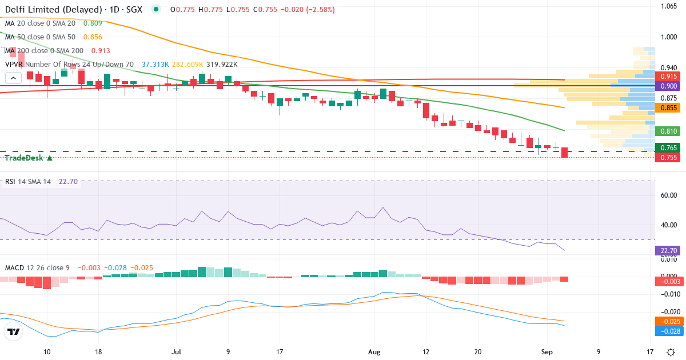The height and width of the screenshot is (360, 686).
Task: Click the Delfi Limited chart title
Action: pos(74,10)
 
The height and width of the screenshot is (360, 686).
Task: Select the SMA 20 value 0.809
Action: pos(93,23)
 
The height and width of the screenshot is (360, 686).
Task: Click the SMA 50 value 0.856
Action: pos(93,37)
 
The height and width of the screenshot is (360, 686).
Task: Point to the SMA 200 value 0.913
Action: pos(101,51)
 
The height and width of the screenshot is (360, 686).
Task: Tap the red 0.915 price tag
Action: pos(668,77)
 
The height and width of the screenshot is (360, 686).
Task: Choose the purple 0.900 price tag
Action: pos(668,86)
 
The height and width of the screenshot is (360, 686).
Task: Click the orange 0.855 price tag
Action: pos(668,108)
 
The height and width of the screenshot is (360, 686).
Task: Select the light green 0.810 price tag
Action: pos(668,131)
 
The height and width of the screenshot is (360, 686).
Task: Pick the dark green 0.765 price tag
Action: pos(668,148)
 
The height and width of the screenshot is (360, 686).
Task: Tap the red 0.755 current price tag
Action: pos(668,157)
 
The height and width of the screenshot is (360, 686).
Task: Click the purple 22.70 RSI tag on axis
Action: pos(668,251)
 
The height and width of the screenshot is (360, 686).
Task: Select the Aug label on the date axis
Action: pos(374,352)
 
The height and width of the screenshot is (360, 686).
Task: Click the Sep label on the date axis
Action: pos(547,352)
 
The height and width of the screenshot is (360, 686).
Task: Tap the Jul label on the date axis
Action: pos(176,352)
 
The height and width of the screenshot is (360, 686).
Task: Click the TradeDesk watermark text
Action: pos(24,158)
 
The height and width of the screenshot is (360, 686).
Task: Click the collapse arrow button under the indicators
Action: pos(14,78)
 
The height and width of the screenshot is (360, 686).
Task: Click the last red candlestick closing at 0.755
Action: pos(564,153)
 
